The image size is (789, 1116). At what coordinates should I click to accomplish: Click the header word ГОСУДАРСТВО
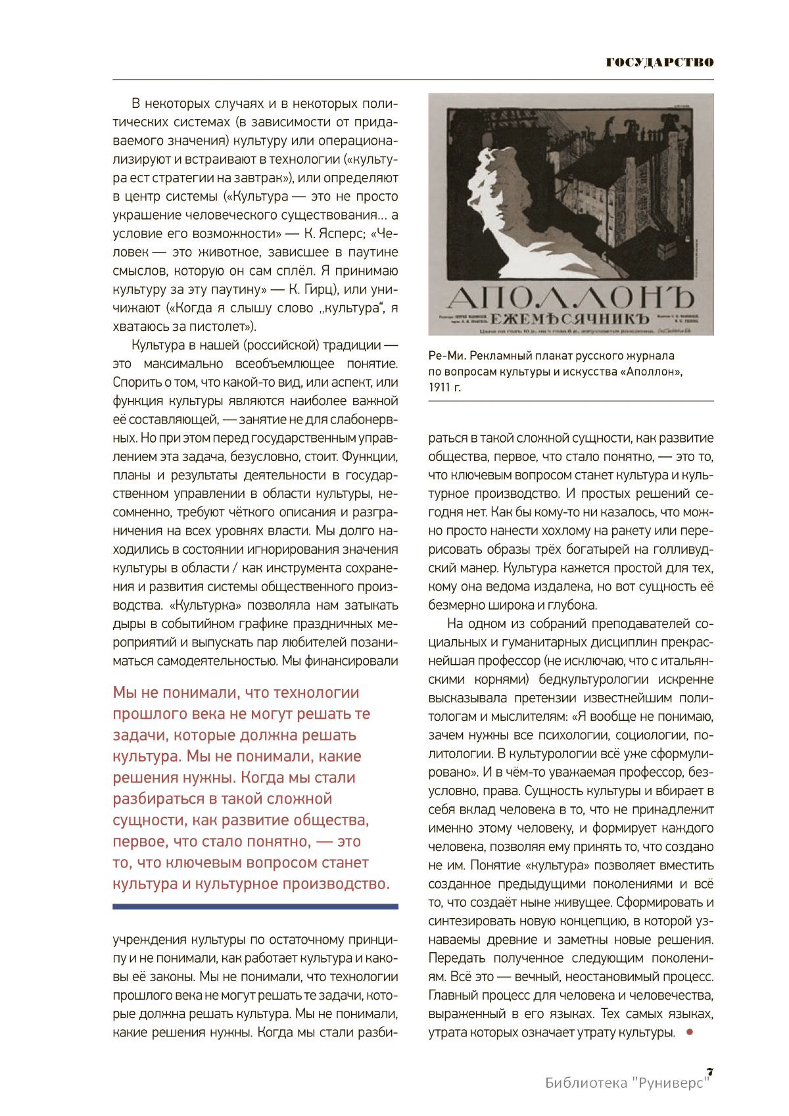[x=659, y=62]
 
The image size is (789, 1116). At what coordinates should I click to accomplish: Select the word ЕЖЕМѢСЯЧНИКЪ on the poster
[x=570, y=319]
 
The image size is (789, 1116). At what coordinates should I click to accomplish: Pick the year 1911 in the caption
[x=440, y=387]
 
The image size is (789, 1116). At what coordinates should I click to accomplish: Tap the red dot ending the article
[x=689, y=1032]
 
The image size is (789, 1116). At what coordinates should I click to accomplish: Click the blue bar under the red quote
[x=255, y=906]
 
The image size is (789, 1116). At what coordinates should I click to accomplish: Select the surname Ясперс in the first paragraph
[x=339, y=233]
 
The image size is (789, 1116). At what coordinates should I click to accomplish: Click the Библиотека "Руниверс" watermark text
[x=628, y=1082]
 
